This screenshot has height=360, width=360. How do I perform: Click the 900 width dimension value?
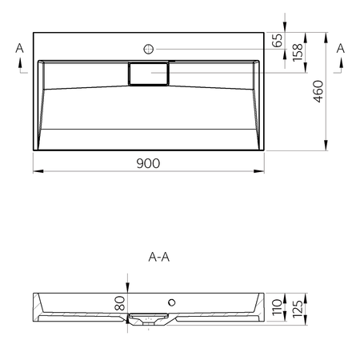click(x=148, y=163)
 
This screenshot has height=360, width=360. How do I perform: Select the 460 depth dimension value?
click(x=318, y=91)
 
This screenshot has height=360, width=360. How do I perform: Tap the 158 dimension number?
click(x=298, y=53)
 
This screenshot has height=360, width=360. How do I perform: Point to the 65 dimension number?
click(x=278, y=40)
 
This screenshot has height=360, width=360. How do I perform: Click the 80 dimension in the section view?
click(x=120, y=303)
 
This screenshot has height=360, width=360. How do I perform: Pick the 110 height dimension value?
click(x=278, y=307)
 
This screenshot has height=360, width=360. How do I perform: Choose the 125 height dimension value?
click(x=298, y=310)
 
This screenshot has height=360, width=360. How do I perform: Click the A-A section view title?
click(x=159, y=257)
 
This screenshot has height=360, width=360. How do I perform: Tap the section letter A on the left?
click(x=19, y=48)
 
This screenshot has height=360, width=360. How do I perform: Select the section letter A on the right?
click(x=341, y=48)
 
